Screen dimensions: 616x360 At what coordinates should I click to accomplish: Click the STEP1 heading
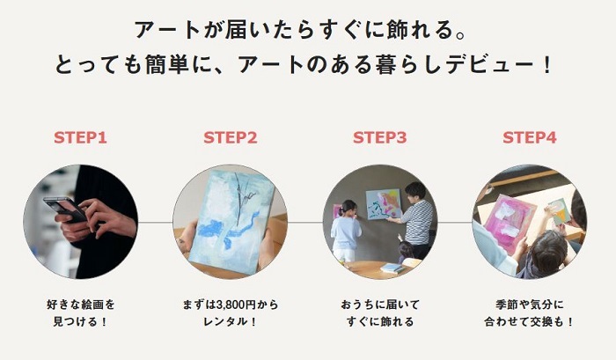80,137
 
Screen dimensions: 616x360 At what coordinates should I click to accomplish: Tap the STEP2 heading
231,137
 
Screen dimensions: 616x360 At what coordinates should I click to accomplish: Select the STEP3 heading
380,137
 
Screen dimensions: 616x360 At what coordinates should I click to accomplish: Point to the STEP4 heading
530,137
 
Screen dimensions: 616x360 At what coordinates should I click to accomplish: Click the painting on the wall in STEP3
383,204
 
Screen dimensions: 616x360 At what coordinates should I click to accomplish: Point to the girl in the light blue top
345,231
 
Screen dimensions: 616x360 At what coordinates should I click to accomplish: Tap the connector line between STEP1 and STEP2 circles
155,222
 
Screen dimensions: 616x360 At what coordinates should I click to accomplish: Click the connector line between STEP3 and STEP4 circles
455,222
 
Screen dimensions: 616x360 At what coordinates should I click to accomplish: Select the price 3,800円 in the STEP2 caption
236,305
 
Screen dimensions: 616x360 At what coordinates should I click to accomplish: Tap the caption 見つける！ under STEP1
80,321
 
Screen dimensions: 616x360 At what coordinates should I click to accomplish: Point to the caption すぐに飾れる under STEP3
380,321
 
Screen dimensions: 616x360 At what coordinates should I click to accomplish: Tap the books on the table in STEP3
392,268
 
